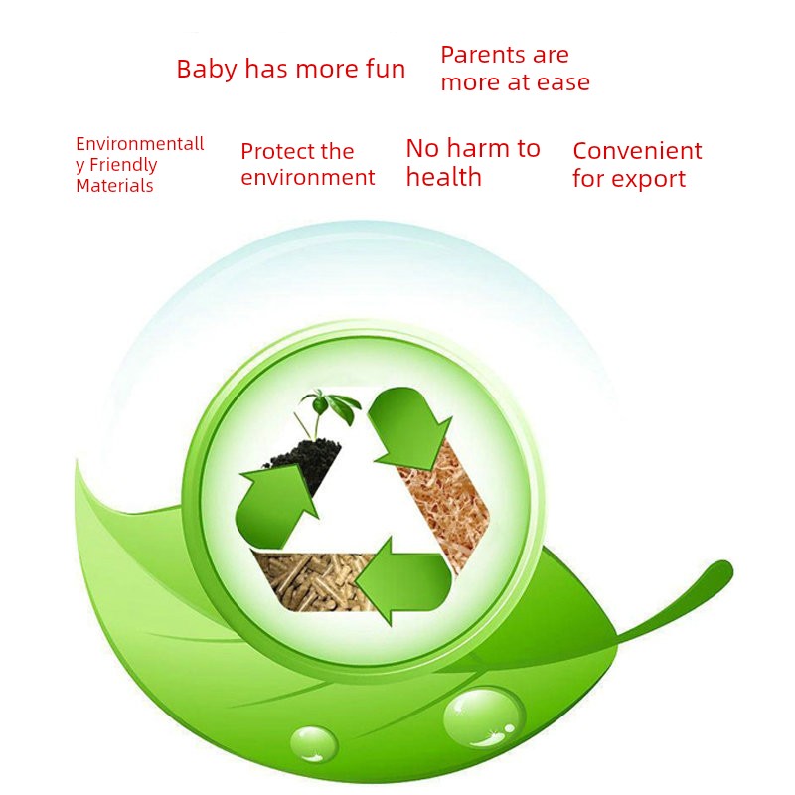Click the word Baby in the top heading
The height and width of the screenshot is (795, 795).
[207, 69]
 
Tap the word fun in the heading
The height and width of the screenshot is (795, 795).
[386, 69]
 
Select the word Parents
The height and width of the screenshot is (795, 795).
[484, 55]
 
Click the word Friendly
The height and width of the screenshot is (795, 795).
[123, 165]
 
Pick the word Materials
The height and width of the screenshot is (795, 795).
[114, 186]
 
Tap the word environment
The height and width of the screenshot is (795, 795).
[308, 178]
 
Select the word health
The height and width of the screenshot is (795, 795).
[443, 177]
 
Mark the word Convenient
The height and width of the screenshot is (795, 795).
[637, 151]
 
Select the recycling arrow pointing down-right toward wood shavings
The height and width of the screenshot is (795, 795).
[409, 425]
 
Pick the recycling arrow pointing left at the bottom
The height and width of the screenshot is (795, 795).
[403, 581]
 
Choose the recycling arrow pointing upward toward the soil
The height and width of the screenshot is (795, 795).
[275, 507]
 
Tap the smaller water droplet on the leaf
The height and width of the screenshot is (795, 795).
[313, 743]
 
